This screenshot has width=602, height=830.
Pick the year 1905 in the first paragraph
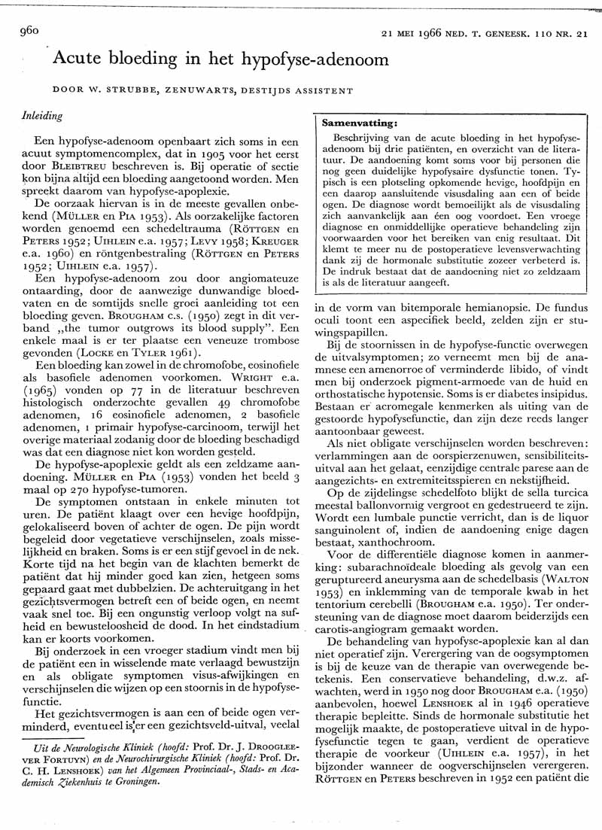(205, 157)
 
